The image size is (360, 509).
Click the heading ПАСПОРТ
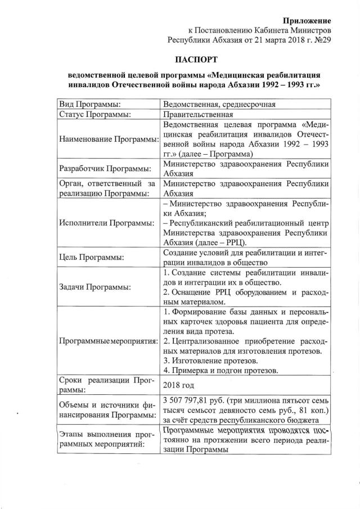pos(194,60)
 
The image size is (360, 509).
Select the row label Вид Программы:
pos(90,104)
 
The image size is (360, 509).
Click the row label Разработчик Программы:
pos(105,169)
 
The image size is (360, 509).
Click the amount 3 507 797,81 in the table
pos(188,400)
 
